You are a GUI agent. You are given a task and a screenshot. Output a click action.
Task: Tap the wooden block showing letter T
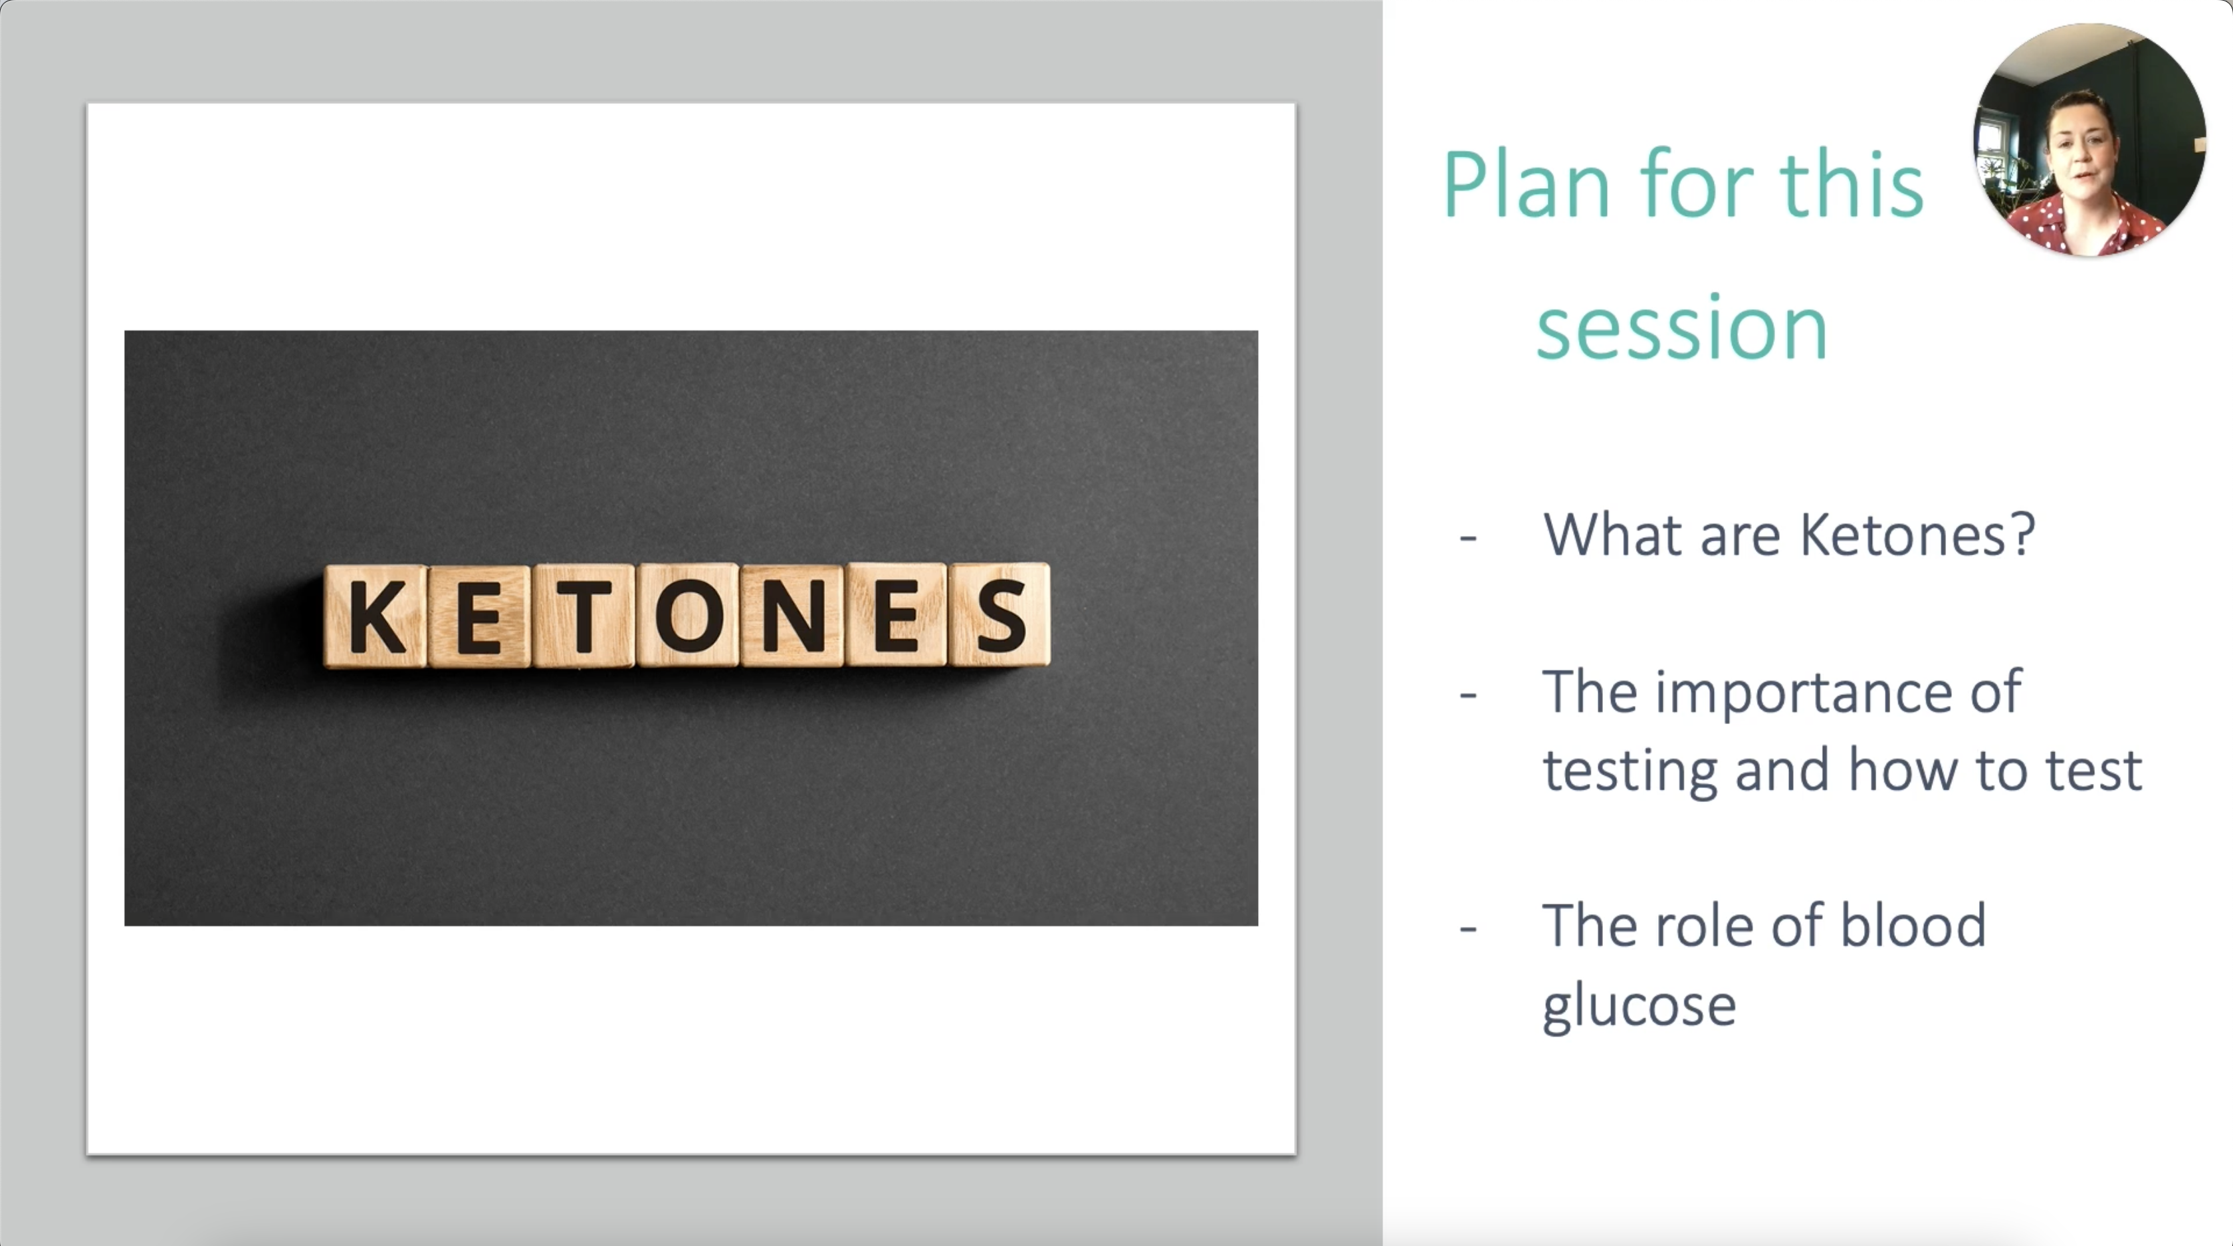point(584,616)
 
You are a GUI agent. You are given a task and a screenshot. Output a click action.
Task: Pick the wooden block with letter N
point(792,616)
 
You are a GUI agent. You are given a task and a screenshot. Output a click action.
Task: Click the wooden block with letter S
point(1000,615)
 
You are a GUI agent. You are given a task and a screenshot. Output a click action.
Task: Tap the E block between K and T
point(479,616)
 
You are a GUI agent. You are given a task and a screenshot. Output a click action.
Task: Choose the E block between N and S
point(897,615)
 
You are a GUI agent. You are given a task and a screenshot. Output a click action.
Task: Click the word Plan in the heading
point(1527,185)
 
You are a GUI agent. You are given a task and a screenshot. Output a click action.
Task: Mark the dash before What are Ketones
point(1467,539)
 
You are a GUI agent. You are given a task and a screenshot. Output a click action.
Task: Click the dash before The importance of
point(1467,696)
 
